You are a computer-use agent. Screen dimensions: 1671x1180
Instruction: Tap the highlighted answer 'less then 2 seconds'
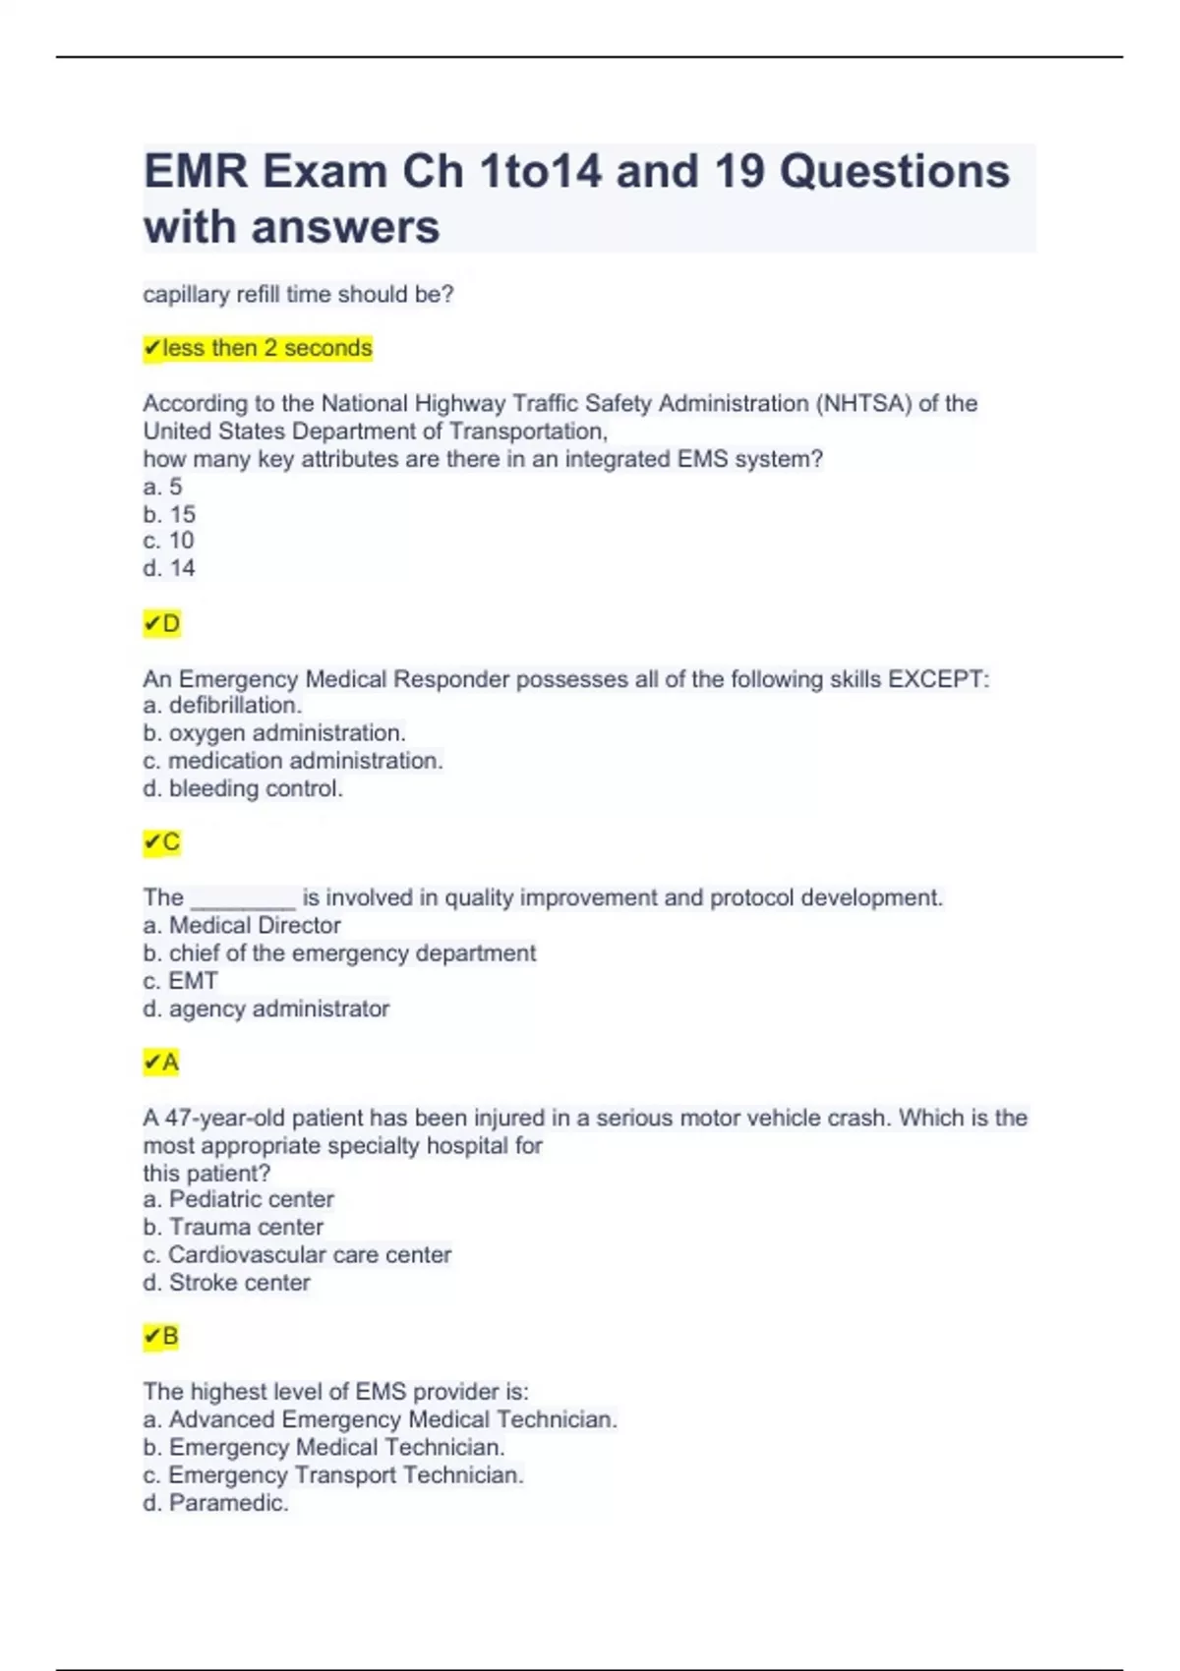coord(258,348)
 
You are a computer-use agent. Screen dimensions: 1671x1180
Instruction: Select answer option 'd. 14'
coord(169,568)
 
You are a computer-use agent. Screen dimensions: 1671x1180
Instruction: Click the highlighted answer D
coord(162,624)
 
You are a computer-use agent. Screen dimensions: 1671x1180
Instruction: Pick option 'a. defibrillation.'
coord(222,705)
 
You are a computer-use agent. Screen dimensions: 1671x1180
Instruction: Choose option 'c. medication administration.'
coord(293,761)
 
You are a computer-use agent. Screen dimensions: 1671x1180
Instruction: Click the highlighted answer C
coord(162,842)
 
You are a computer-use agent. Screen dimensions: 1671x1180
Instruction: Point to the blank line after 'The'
coord(243,898)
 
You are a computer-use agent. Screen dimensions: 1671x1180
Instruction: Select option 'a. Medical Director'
coord(242,925)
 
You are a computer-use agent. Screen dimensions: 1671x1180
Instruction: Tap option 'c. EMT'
coord(180,981)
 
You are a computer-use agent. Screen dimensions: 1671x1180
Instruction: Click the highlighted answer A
coord(162,1063)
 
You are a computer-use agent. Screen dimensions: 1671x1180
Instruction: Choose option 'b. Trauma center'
coord(233,1227)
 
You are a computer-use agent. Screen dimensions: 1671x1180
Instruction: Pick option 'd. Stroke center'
coord(226,1283)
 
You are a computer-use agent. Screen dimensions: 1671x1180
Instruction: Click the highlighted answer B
coord(162,1337)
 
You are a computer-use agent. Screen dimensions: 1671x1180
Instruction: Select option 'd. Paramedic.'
coord(215,1503)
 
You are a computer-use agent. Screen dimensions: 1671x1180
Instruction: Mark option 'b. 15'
coord(169,514)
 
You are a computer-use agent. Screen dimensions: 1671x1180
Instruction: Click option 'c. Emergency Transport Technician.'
coord(333,1475)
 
